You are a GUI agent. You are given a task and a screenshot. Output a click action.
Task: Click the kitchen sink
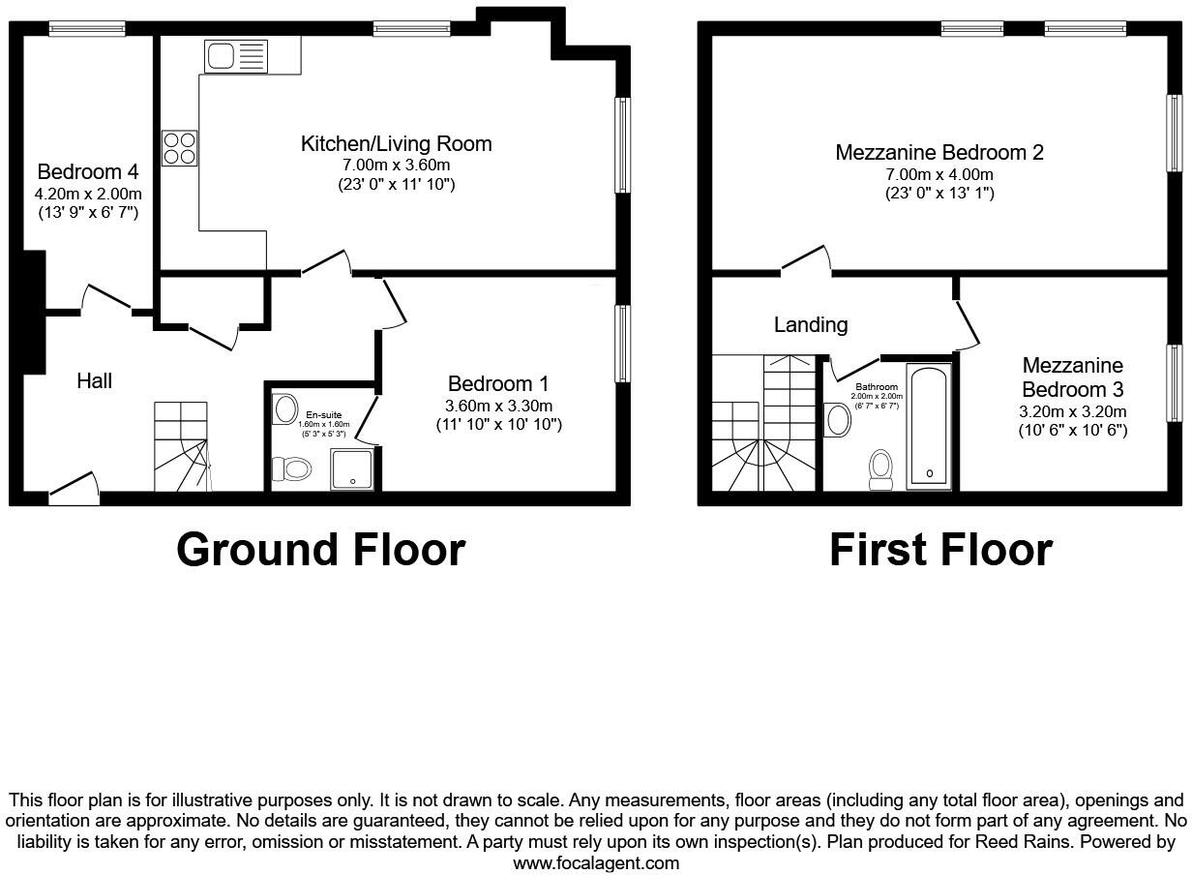tap(235, 56)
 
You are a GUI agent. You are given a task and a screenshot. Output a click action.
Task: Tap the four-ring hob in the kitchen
tap(180, 148)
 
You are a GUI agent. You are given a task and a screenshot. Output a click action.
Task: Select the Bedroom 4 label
tap(87, 172)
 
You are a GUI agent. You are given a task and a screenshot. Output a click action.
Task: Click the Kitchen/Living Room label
tap(396, 144)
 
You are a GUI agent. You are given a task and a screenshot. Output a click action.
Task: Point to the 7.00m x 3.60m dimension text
tap(396, 166)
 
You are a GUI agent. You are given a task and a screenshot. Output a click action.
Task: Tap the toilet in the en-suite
tap(291, 469)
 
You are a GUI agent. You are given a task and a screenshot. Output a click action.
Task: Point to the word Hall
tap(95, 381)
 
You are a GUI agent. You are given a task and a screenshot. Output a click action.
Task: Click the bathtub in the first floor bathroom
tap(930, 426)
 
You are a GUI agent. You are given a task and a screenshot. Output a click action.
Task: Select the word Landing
tap(811, 325)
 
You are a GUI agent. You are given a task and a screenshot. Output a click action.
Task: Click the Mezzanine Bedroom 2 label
tap(939, 153)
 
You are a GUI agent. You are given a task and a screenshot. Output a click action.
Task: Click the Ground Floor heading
tap(320, 550)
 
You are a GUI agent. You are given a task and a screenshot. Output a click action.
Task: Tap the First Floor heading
tap(940, 550)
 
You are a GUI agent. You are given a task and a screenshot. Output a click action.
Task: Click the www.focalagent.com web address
tap(596, 862)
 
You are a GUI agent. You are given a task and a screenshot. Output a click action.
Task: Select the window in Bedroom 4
tap(87, 29)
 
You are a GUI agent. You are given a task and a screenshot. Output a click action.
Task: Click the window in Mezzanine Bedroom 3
tap(1175, 383)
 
